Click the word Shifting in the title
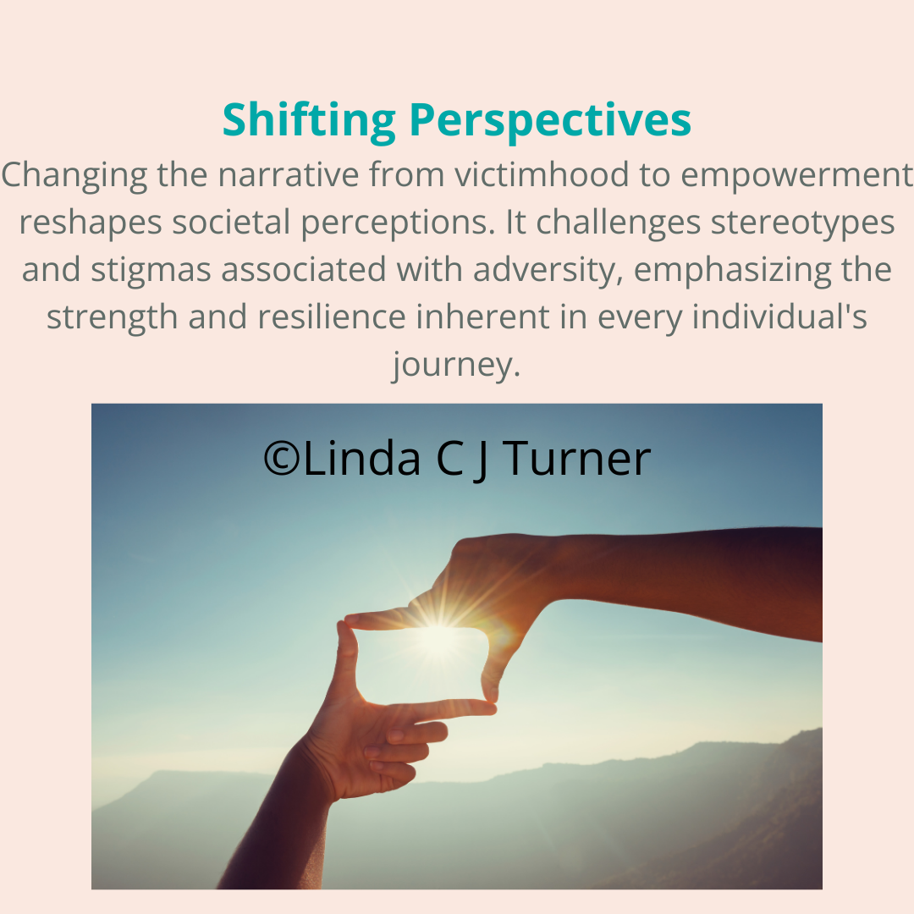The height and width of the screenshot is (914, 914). [x=309, y=121]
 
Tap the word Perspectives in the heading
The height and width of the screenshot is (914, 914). [x=550, y=121]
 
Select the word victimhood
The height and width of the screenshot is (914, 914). [x=542, y=174]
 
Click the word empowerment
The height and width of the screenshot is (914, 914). [x=796, y=174]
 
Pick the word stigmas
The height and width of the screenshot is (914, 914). [x=151, y=271]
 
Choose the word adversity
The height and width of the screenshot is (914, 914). [x=548, y=271]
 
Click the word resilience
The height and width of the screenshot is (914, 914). [x=331, y=317]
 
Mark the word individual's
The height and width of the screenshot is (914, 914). [x=779, y=317]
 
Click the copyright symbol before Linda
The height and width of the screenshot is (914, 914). [x=282, y=459]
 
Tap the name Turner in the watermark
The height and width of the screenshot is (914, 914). [x=576, y=458]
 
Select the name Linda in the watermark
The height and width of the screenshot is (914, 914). [x=361, y=458]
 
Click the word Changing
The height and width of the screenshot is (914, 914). [x=74, y=174]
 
